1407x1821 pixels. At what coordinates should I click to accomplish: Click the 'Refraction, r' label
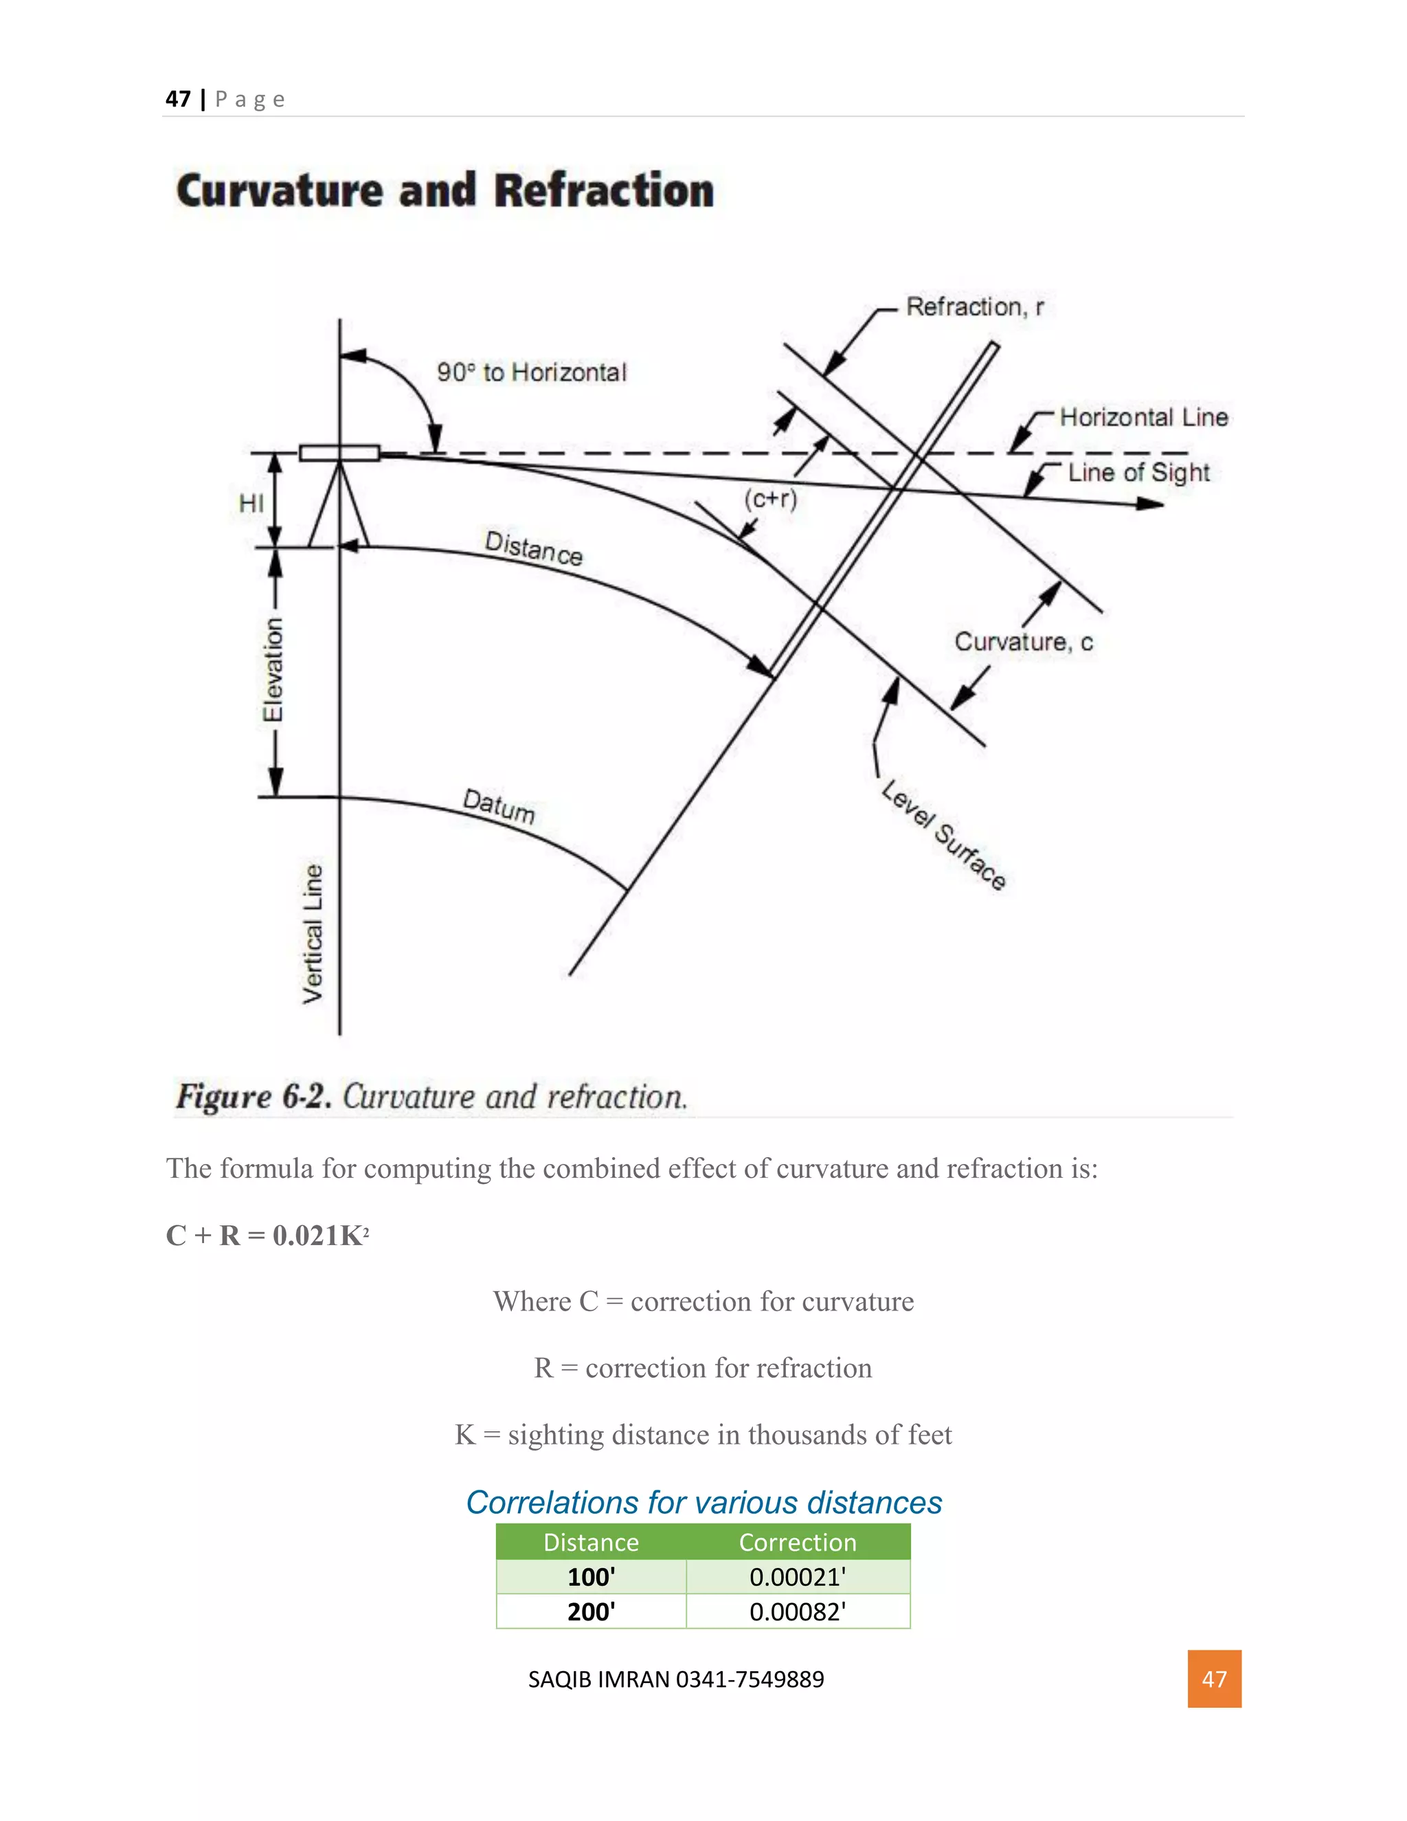tap(974, 307)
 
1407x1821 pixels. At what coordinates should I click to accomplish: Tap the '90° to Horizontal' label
tap(531, 372)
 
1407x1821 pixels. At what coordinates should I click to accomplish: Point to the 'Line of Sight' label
tap(1138, 473)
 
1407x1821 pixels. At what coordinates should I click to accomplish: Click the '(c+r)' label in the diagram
tap(771, 499)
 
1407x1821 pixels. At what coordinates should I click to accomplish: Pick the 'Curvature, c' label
tap(1023, 641)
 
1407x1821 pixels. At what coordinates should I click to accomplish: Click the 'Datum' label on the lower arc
tap(499, 805)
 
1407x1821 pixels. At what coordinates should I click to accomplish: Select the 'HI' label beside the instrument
tap(251, 503)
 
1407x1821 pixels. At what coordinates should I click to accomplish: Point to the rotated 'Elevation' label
tap(273, 669)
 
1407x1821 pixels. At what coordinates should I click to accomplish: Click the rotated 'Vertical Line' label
tap(313, 934)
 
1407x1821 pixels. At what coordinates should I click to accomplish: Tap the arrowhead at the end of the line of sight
tap(1152, 504)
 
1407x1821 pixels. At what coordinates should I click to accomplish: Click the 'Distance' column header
tap(591, 1543)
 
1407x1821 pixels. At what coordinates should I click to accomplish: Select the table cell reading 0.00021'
tap(798, 1576)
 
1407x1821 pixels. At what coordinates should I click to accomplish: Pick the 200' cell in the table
tap(591, 1611)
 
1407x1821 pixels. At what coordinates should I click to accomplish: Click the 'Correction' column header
tap(798, 1543)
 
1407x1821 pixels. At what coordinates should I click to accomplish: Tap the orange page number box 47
tap(1214, 1679)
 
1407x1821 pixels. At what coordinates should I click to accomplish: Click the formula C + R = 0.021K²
tap(267, 1235)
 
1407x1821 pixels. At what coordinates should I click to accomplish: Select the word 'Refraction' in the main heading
tap(605, 190)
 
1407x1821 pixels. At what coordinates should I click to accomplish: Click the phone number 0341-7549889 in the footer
tap(750, 1679)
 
